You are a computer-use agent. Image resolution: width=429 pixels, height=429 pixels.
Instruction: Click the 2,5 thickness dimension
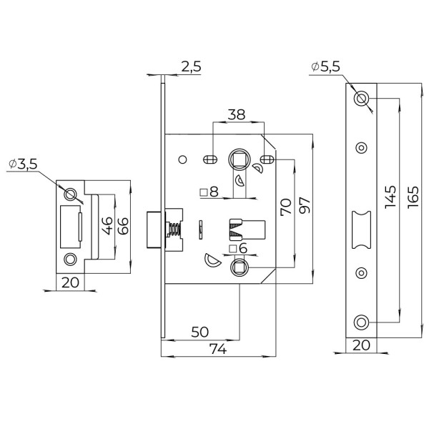pos(191,67)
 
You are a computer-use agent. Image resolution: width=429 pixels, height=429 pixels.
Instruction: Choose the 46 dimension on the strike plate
pos(104,227)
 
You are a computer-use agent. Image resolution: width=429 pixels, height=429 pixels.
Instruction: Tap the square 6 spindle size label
pos(238,249)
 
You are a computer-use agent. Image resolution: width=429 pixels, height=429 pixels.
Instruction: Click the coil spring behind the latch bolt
pos(173,230)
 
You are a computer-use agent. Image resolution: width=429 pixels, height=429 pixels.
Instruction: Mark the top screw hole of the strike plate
pos(70,194)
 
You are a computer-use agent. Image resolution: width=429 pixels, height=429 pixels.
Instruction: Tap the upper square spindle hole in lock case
pos(239,159)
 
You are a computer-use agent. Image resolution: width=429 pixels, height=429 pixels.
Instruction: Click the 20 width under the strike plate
pos(69,282)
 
